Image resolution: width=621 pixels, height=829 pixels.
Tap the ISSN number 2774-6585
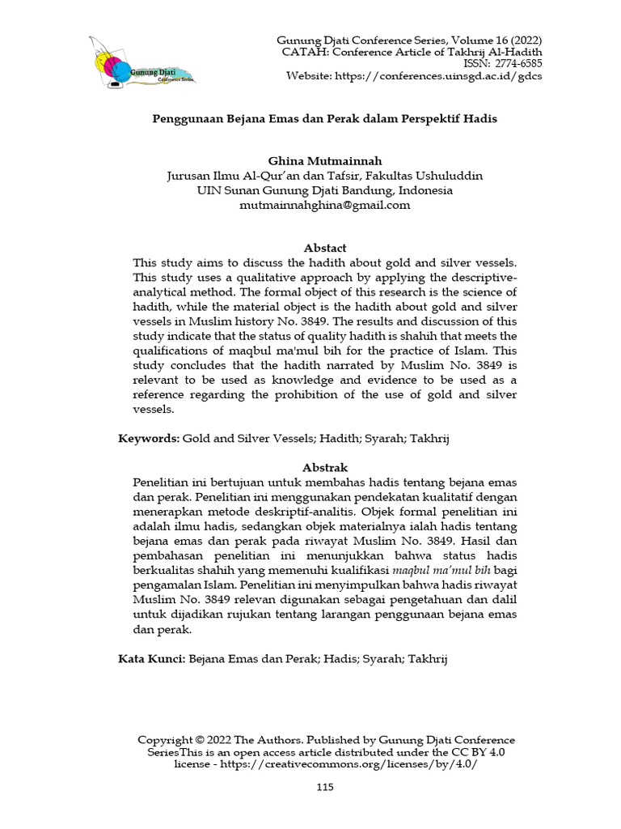click(513, 64)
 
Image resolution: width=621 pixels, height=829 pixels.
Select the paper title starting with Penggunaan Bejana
click(325, 118)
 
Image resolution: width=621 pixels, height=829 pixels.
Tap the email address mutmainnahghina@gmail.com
click(325, 205)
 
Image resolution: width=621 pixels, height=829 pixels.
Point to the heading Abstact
click(325, 248)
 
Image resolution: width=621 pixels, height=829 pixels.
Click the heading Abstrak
click(325, 467)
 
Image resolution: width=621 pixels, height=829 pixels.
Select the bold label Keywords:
click(149, 438)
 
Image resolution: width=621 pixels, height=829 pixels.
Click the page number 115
click(325, 787)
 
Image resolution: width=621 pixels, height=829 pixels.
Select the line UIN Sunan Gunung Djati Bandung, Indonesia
click(325, 190)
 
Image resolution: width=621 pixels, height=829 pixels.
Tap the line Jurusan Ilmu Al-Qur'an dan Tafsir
click(325, 176)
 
